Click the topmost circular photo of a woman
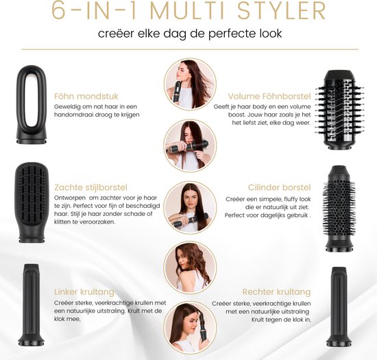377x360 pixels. pyautogui.click(x=186, y=84)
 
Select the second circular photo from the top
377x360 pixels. pyautogui.click(x=186, y=145)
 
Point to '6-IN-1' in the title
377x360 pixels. pyautogui.click(x=85, y=12)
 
